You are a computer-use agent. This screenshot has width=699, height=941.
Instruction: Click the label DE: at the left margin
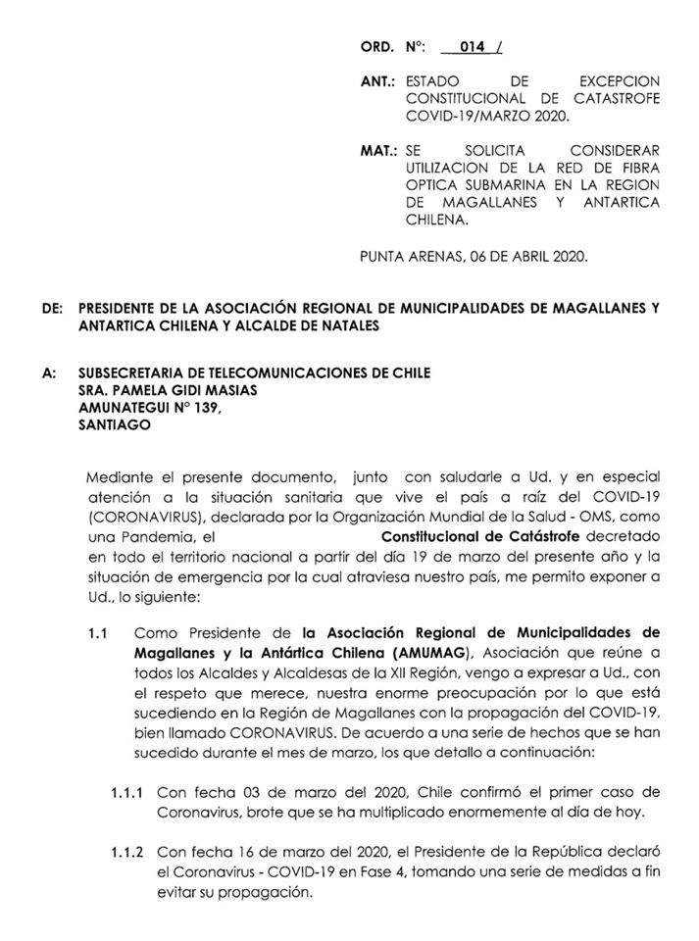pyautogui.click(x=55, y=308)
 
